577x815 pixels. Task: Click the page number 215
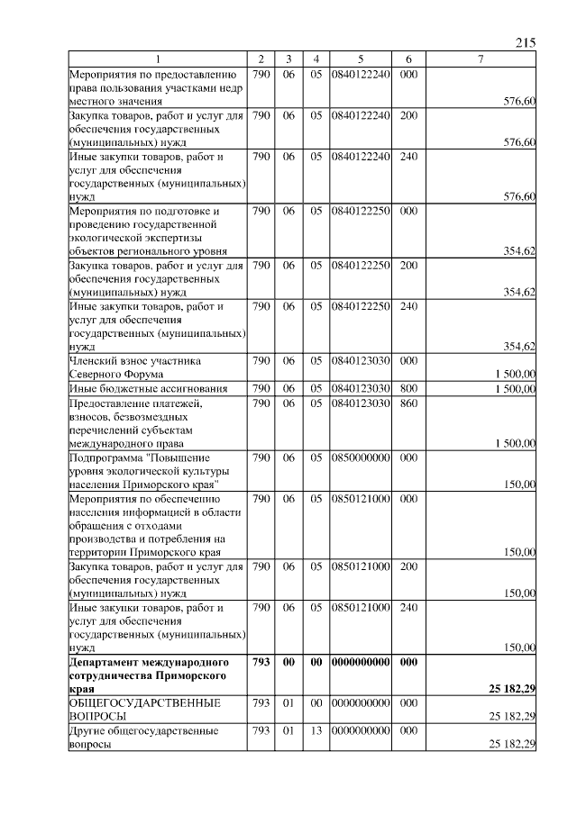tap(527, 42)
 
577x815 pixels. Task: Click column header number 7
tap(481, 59)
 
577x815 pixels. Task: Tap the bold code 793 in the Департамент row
tap(262, 661)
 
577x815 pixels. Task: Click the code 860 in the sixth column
tap(408, 403)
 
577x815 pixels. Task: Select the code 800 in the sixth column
tap(408, 388)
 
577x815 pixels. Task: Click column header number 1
tap(158, 59)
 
